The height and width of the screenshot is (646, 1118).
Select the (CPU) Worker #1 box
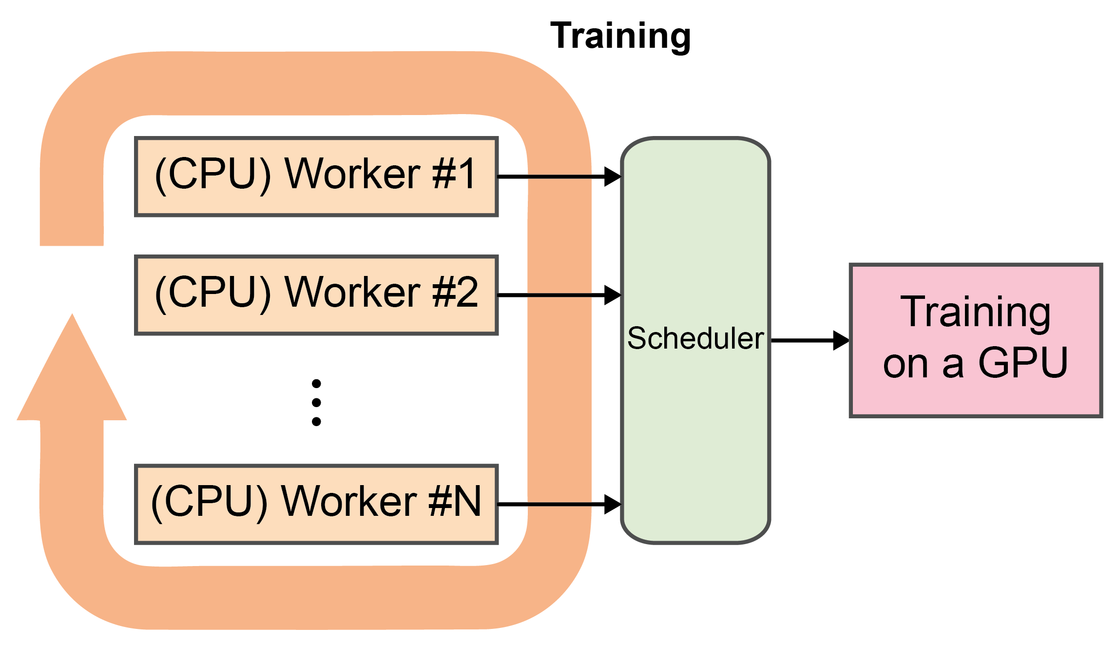pyautogui.click(x=316, y=176)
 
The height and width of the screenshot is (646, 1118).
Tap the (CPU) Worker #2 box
pyautogui.click(x=316, y=295)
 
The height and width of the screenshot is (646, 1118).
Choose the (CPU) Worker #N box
pyautogui.click(x=316, y=504)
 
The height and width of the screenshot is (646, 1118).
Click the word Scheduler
pyautogui.click(x=695, y=338)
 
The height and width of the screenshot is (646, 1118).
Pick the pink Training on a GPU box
pyautogui.click(x=976, y=340)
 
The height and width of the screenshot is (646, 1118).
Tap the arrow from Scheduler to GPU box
pyautogui.click(x=809, y=340)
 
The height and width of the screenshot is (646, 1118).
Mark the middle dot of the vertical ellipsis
pyautogui.click(x=316, y=402)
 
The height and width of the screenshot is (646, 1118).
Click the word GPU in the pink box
pyautogui.click(x=1023, y=363)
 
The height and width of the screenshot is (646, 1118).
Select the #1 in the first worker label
pyautogui.click(x=454, y=174)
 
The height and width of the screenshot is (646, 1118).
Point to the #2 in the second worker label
pyautogui.click(x=455, y=292)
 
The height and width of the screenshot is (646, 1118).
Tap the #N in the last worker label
pyautogui.click(x=455, y=501)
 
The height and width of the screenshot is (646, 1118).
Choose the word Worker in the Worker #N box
pyautogui.click(x=349, y=501)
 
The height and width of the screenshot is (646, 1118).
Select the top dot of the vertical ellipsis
pyautogui.click(x=316, y=384)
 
